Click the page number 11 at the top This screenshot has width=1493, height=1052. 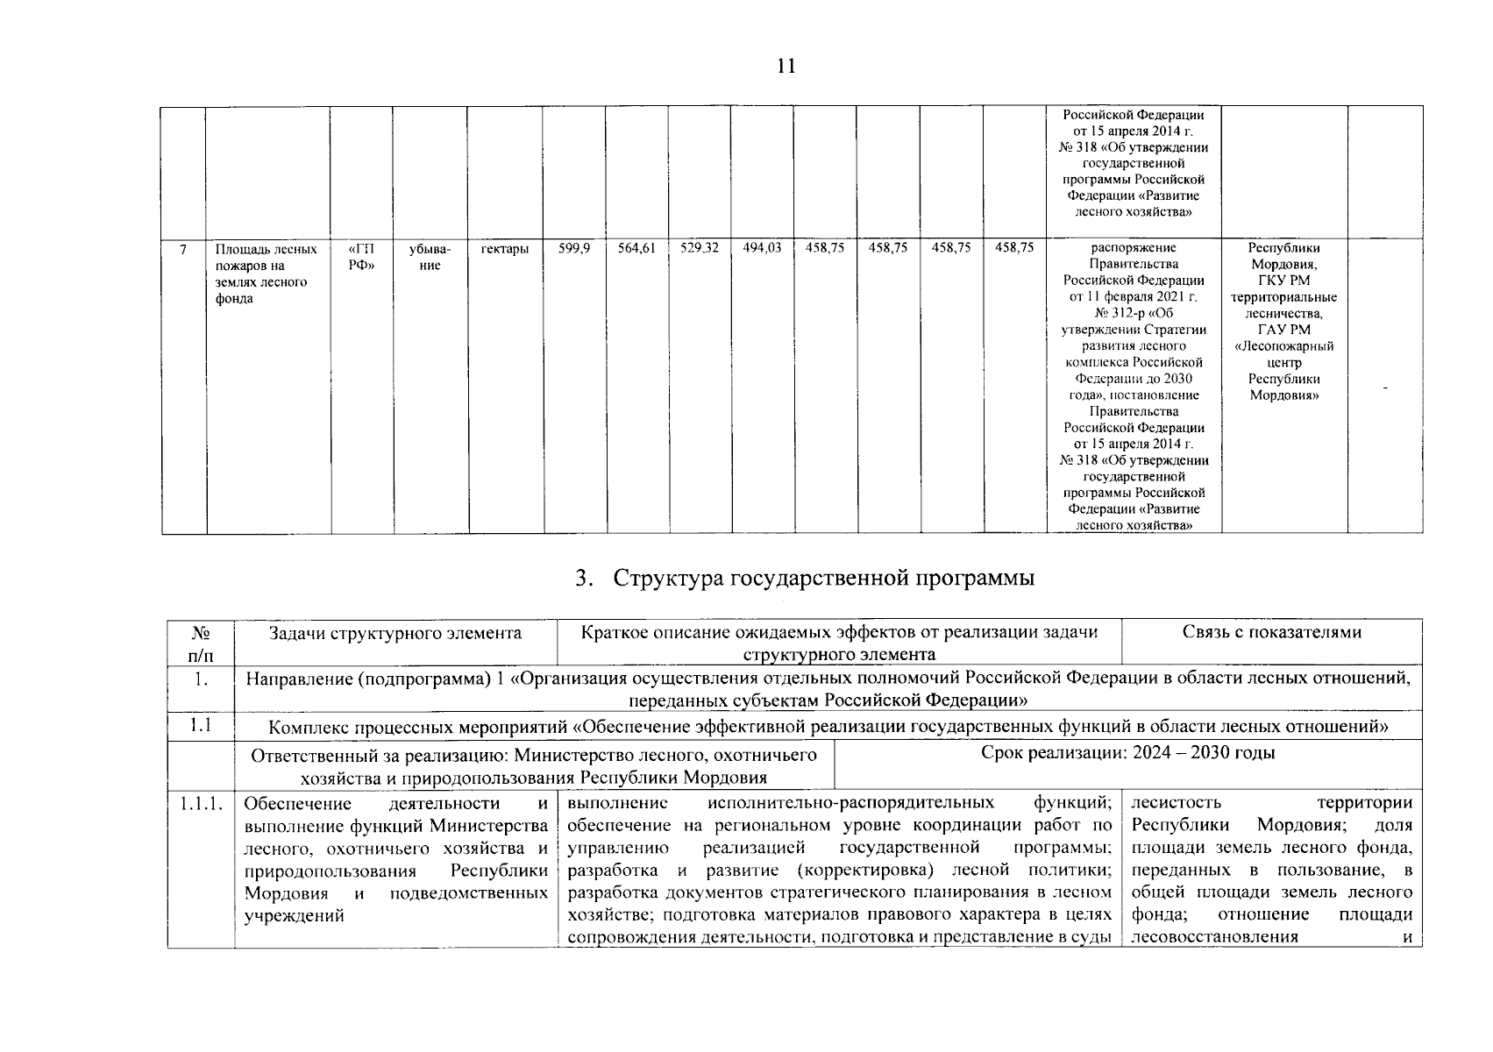coord(786,67)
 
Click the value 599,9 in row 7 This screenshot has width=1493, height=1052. coord(574,249)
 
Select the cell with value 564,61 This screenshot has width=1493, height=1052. coord(636,249)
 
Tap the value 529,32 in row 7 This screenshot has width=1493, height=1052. coord(700,249)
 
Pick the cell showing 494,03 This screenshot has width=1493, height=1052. coord(762,249)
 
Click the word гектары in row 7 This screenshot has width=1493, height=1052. coord(505,249)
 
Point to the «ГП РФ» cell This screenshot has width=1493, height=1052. coord(361,257)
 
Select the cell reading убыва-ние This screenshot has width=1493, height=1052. coord(430,257)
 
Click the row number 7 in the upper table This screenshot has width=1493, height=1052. coord(183,249)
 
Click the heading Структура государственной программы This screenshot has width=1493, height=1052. coord(804,579)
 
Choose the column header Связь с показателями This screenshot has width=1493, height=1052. coord(1271,632)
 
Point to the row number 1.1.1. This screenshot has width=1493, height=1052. coord(201,804)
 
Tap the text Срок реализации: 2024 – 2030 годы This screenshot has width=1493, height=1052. coord(1127,753)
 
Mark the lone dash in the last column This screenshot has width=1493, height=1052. coord(1385,387)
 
